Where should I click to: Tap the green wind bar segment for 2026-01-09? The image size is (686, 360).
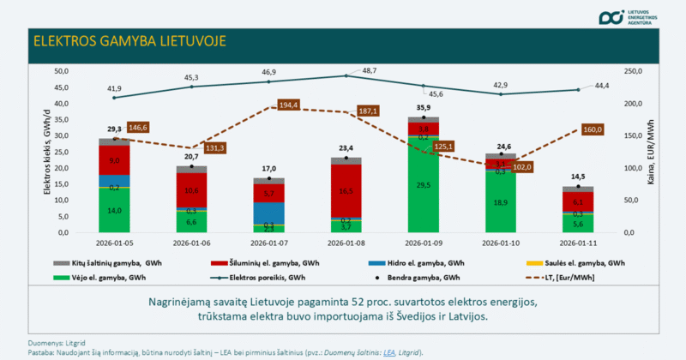[423, 185]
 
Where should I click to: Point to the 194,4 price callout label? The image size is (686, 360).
[288, 105]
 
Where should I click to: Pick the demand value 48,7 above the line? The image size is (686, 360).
[346, 70]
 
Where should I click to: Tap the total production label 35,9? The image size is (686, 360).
[423, 108]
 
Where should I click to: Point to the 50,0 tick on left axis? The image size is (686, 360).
[61, 71]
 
